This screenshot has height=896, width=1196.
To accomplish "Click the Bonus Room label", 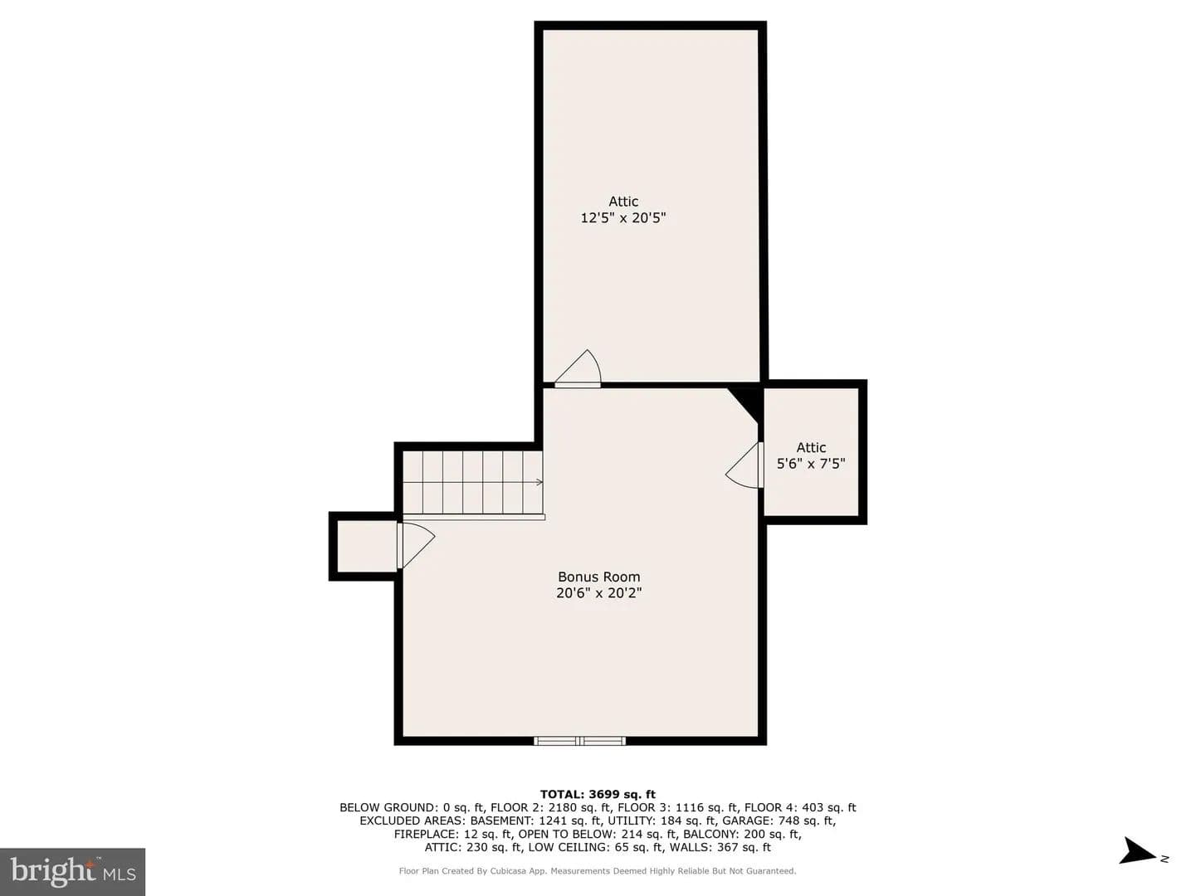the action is click(x=598, y=577).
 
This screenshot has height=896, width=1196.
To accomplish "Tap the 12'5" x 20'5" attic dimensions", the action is click(x=622, y=218).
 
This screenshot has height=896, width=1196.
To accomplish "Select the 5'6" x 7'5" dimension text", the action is click(x=810, y=464).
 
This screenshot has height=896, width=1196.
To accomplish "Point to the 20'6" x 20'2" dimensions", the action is click(x=598, y=592).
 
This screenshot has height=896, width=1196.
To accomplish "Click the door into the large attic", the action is click(x=578, y=368).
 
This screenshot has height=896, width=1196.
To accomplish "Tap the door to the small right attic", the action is click(x=744, y=465).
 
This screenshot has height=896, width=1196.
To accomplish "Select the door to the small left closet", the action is click(x=416, y=545).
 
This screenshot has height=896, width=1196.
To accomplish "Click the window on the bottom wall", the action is click(x=580, y=740).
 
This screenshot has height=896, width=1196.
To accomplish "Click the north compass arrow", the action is click(x=1137, y=865).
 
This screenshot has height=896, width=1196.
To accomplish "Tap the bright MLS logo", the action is click(x=72, y=871).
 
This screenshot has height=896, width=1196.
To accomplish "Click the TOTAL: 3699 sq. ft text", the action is click(x=598, y=794).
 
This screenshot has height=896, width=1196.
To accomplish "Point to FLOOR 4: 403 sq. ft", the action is click(x=800, y=807).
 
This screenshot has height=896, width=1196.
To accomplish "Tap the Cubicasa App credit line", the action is click(x=598, y=871).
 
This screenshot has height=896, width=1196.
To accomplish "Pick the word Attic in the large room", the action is click(x=623, y=202).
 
